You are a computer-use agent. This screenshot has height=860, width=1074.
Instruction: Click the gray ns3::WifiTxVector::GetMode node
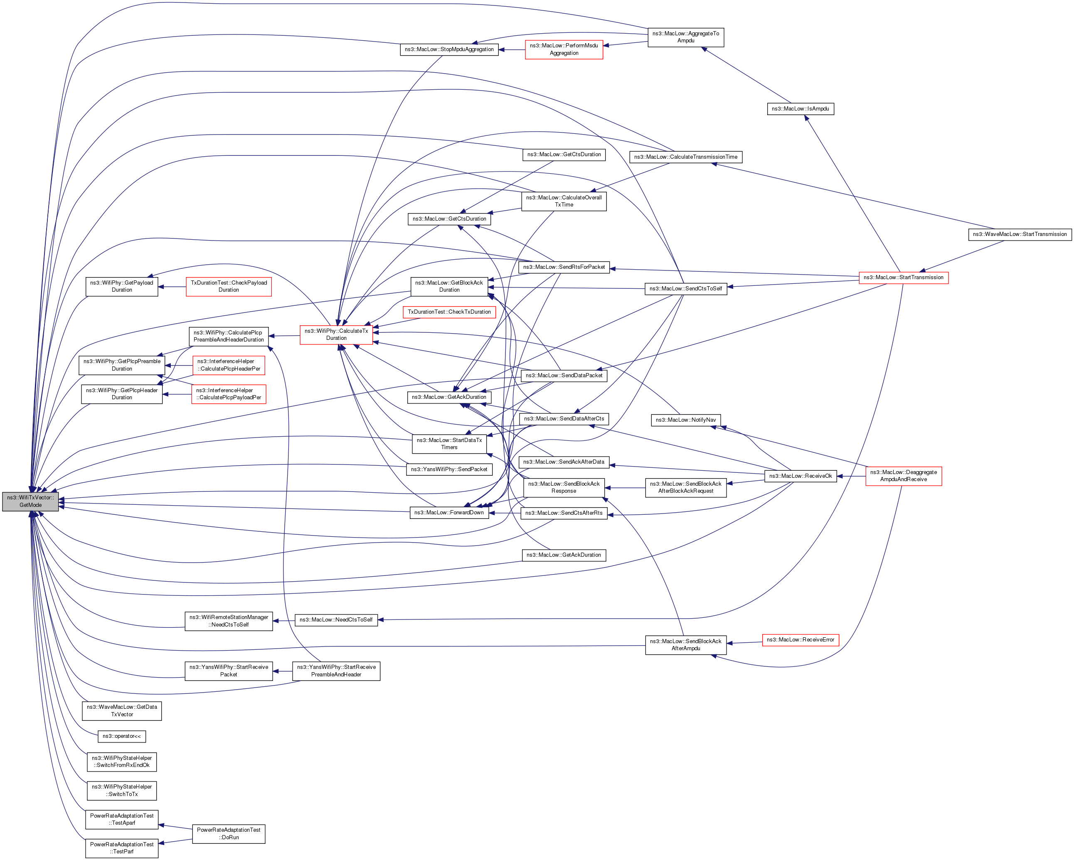click(30, 501)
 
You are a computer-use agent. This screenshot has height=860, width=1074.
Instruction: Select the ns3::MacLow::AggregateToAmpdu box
click(685, 37)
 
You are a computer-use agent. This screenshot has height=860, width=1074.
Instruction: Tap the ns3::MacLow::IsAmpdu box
click(800, 108)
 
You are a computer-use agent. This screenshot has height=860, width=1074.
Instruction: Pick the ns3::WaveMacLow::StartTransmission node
click(1019, 234)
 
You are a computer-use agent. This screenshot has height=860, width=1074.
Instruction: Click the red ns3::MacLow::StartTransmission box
click(903, 278)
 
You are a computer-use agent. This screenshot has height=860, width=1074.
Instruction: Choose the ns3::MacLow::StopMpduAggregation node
click(449, 49)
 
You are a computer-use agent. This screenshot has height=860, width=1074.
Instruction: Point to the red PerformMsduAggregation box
click(564, 49)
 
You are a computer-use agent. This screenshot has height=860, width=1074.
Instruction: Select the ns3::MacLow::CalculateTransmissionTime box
click(685, 157)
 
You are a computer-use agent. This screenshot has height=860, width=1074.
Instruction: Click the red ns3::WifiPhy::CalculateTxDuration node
click(336, 334)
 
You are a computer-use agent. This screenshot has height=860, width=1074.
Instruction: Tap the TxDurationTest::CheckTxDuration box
click(449, 312)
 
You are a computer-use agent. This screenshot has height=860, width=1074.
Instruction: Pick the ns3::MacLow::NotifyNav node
click(685, 420)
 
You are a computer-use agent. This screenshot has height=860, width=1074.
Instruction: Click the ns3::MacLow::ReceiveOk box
click(800, 476)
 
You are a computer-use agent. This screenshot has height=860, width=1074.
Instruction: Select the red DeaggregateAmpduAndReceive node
click(903, 476)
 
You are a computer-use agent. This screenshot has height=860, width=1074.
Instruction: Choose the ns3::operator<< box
click(121, 736)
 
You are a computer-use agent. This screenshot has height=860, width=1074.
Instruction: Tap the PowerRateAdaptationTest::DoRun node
click(229, 833)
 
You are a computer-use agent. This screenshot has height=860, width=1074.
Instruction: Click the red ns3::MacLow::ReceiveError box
click(800, 640)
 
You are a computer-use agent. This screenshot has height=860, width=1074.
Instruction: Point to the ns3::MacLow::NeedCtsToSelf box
click(336, 620)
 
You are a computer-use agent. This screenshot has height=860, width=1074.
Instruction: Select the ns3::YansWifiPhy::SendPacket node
click(449, 469)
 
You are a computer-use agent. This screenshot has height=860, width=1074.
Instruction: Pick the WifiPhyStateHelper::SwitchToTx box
click(121, 790)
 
